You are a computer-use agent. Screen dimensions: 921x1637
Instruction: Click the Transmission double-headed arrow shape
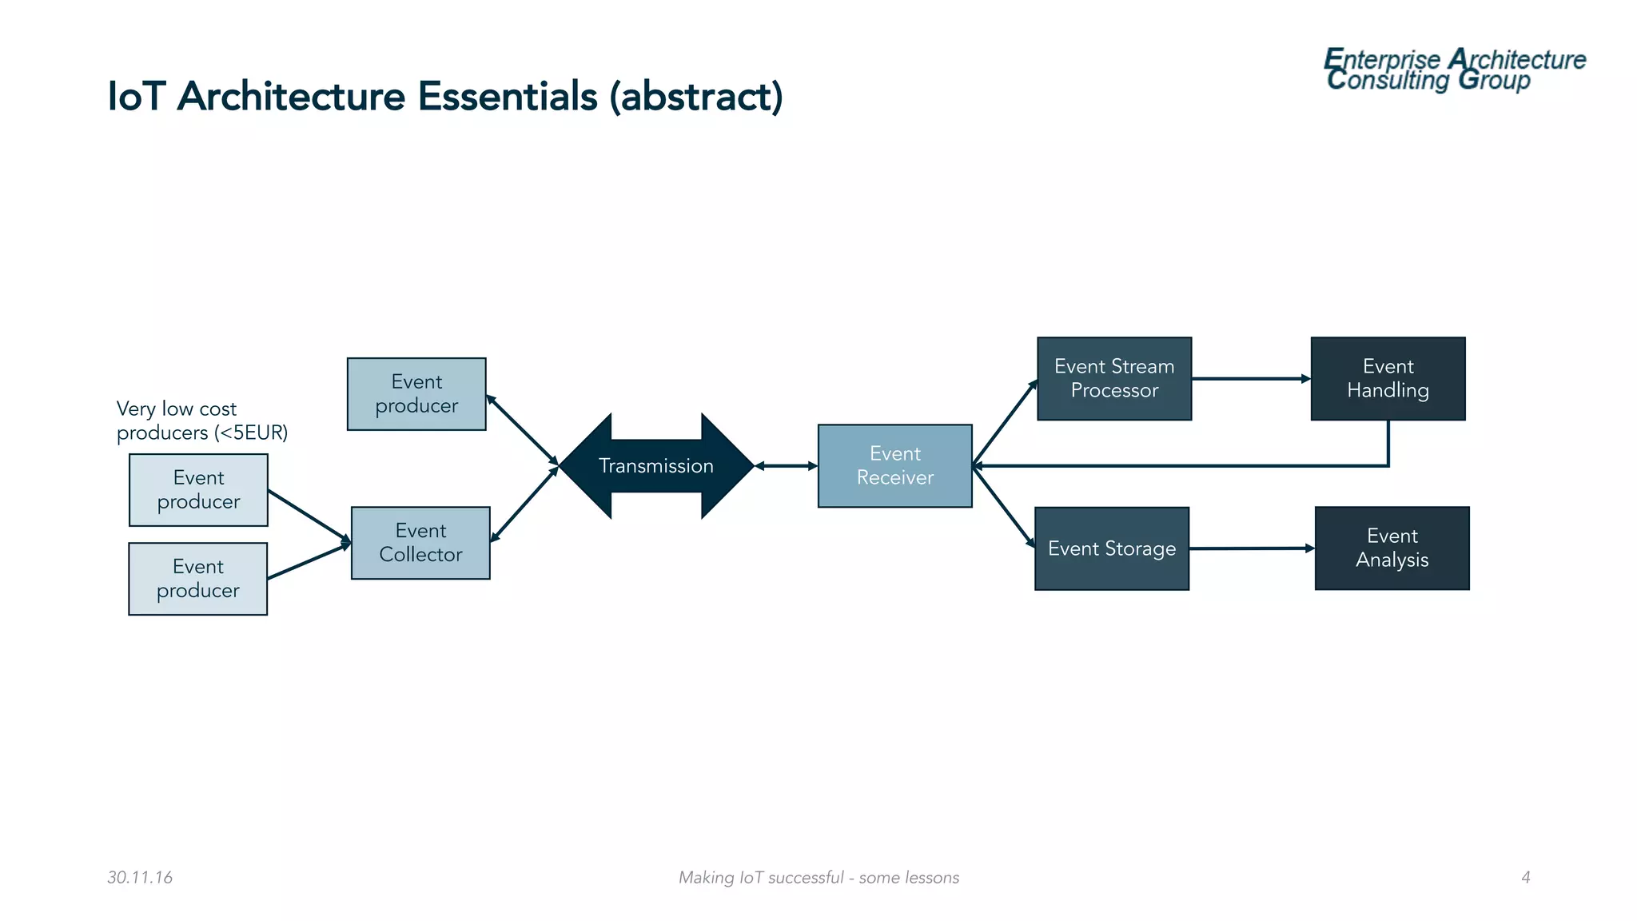pyautogui.click(x=656, y=466)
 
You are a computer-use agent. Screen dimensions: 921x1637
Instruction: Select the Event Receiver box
pyautogui.click(x=894, y=466)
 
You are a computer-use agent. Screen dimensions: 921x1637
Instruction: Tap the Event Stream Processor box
pyautogui.click(x=1113, y=379)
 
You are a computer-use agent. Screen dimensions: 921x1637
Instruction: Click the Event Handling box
pyautogui.click(x=1388, y=379)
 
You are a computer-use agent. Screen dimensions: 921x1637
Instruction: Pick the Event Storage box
pyautogui.click(x=1111, y=548)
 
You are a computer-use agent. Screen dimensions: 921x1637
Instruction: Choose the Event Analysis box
pyautogui.click(x=1392, y=548)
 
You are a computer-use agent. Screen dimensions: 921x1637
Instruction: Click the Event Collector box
pyautogui.click(x=420, y=543)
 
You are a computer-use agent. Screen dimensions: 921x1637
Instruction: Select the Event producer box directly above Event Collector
pyautogui.click(x=416, y=394)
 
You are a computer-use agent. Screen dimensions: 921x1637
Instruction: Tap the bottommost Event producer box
pyautogui.click(x=197, y=579)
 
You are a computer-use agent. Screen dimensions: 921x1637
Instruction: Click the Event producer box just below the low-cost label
pyautogui.click(x=198, y=490)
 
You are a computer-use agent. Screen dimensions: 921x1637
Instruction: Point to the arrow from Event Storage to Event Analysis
pyautogui.click(x=1251, y=548)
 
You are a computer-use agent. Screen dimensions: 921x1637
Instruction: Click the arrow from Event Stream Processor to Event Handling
pyautogui.click(x=1250, y=379)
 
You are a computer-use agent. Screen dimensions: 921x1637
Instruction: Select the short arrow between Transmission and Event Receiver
pyautogui.click(x=786, y=466)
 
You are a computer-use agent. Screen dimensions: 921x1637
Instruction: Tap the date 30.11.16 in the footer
pyautogui.click(x=140, y=878)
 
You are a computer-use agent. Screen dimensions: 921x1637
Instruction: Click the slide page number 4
pyautogui.click(x=1525, y=878)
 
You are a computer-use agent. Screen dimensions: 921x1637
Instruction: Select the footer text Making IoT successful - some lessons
pyautogui.click(x=818, y=878)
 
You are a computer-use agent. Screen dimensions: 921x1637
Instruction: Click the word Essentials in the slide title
pyautogui.click(x=507, y=97)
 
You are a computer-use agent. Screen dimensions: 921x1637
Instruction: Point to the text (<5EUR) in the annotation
pyautogui.click(x=251, y=433)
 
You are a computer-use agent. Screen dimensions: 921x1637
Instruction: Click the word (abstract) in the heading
pyautogui.click(x=695, y=97)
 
